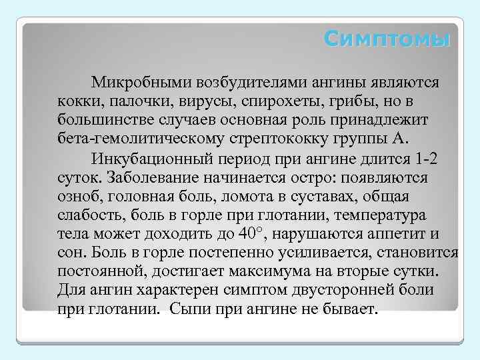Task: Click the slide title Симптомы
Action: pos(387,39)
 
